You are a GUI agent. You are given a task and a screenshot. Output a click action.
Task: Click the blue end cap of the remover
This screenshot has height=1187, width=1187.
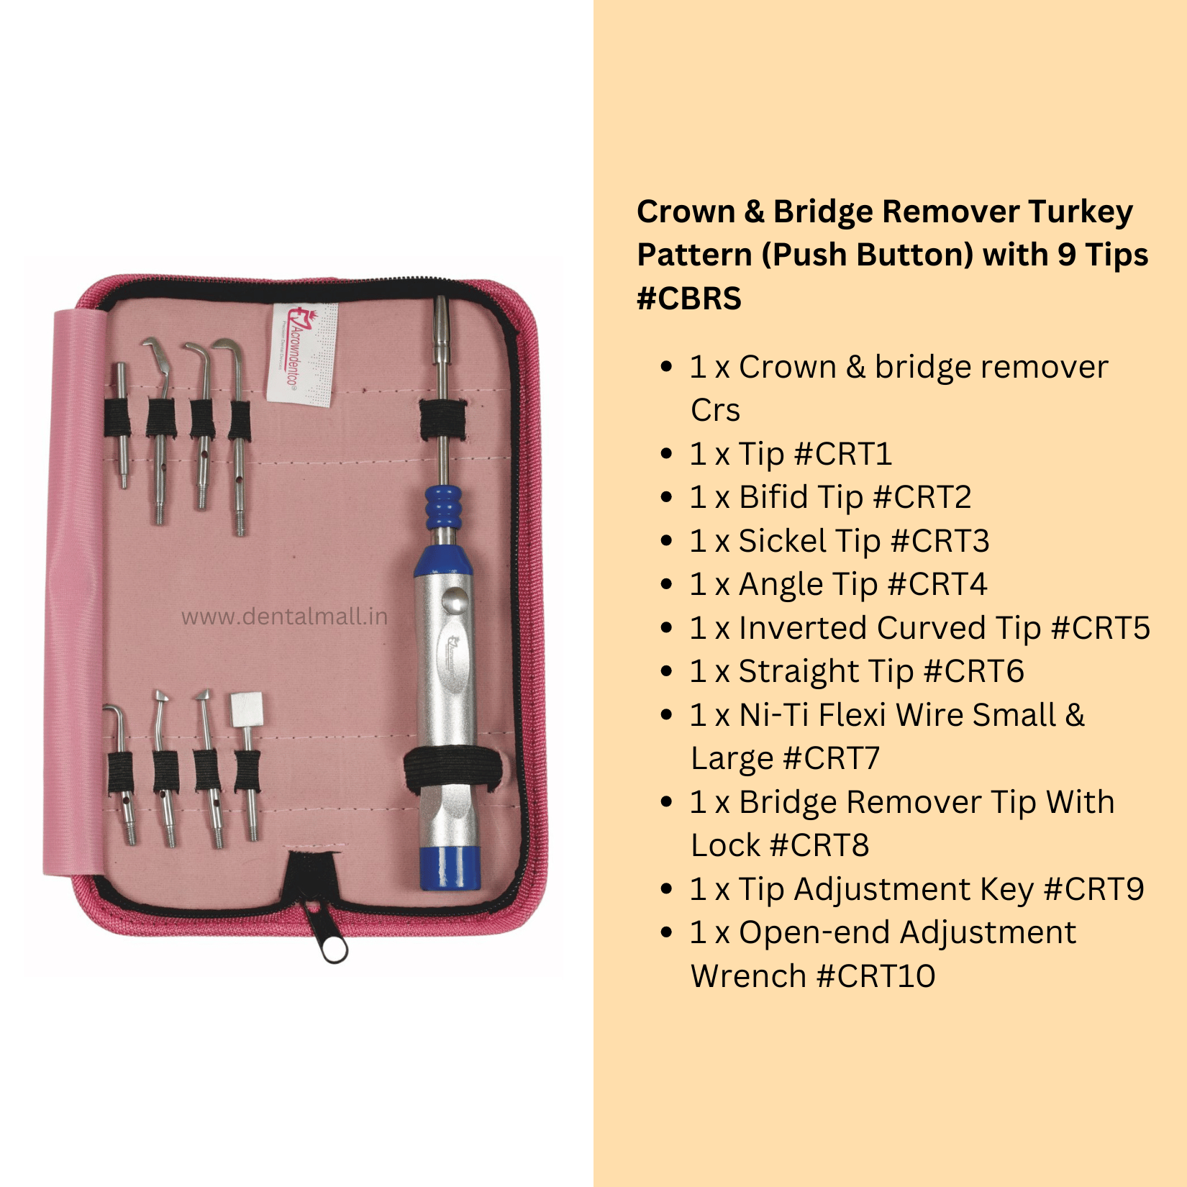[450, 868]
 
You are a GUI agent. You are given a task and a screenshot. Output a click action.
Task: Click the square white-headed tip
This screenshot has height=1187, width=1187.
[246, 709]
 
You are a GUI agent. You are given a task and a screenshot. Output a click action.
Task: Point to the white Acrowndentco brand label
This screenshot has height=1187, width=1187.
[302, 353]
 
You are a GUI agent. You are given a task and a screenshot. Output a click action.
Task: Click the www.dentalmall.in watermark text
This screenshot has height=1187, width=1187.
[284, 617]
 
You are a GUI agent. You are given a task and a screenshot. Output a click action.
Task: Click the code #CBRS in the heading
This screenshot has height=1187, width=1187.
[688, 299]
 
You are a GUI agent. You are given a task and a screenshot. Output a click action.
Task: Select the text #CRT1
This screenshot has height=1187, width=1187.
[843, 454]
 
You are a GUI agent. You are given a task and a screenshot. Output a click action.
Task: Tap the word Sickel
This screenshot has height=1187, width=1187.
[783, 541]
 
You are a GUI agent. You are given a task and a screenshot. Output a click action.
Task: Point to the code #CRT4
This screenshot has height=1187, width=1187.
[937, 584]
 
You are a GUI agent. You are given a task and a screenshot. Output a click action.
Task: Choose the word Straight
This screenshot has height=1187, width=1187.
[799, 671]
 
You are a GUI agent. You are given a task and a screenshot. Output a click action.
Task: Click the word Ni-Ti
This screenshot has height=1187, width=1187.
[773, 715]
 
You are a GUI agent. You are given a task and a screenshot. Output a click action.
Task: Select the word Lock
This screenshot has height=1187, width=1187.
[724, 845]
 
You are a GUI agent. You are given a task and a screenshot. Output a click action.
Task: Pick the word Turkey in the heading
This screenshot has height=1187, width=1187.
[1080, 212]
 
